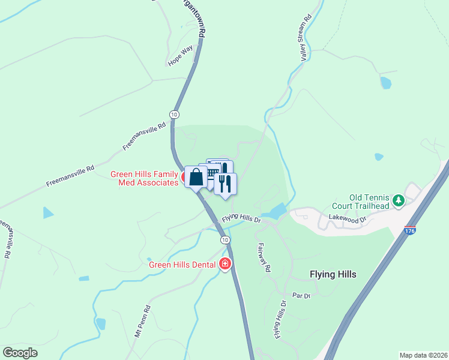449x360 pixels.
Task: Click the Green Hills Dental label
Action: tap(183, 264)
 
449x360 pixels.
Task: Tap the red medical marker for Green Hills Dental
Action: tap(225, 263)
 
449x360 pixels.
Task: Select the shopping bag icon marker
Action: tap(196, 177)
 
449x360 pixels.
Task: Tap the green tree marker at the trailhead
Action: tap(398, 200)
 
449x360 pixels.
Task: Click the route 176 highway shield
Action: tap(410, 230)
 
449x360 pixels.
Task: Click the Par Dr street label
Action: tap(301, 296)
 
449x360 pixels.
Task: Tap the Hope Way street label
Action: tap(178, 58)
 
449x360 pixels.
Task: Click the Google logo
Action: tap(20, 353)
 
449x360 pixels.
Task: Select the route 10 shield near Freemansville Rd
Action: tap(174, 114)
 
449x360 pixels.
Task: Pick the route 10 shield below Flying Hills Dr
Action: tap(224, 240)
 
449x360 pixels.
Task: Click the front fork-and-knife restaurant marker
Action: tap(225, 183)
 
